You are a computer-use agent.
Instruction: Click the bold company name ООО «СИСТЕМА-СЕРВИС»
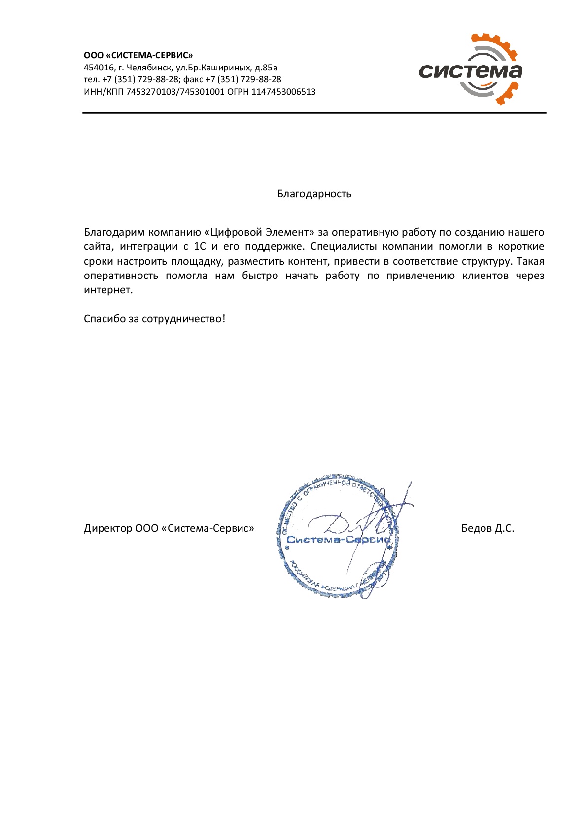138,55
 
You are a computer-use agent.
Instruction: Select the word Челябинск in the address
149,68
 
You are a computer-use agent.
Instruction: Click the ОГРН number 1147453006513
283,92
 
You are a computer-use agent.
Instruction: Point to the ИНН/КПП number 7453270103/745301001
175,92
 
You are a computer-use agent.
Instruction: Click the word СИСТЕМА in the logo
470,72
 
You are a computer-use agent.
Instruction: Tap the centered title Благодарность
314,194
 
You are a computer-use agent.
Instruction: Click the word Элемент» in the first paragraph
290,232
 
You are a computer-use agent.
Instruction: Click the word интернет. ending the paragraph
108,290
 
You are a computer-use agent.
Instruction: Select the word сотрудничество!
183,319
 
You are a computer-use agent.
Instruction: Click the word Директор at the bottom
107,528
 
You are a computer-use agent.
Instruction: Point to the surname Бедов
476,528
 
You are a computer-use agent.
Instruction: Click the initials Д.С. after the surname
504,528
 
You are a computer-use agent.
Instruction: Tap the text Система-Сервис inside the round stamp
338,540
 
